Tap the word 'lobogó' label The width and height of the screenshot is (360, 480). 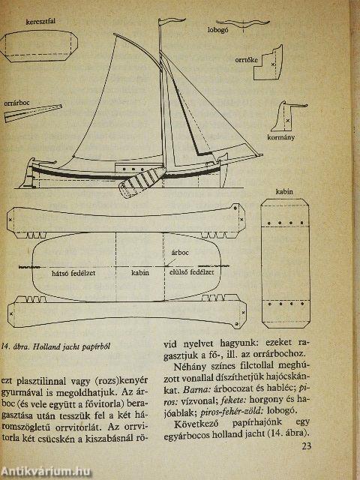[x=218, y=31]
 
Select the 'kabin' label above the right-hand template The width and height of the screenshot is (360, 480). [x=284, y=191]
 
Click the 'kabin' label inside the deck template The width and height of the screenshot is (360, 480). [x=139, y=274]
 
